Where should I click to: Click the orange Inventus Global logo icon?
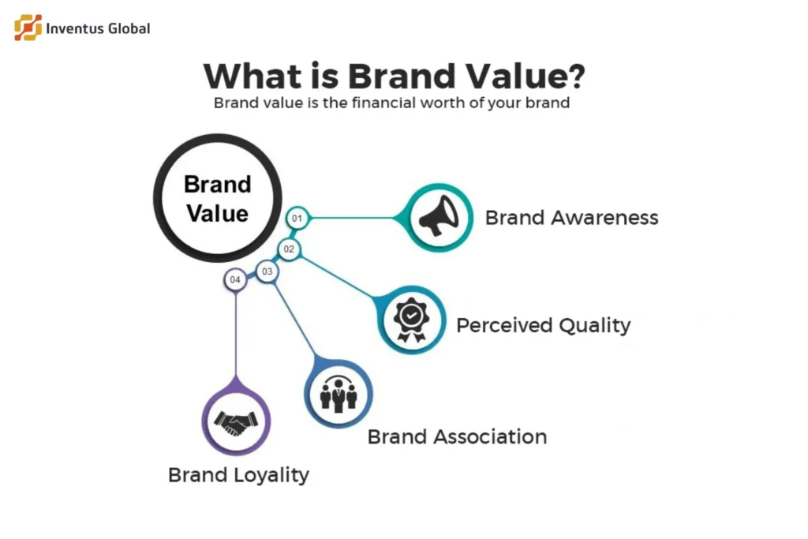28,28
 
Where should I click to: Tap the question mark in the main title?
574,77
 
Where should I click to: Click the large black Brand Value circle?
217,198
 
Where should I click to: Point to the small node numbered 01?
297,218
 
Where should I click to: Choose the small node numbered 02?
289,249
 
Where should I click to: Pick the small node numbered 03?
267,272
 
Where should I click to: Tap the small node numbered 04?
234,280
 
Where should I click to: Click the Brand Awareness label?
571,218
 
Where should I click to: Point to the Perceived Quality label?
544,324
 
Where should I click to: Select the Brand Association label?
457,436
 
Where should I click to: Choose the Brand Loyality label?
238,475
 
